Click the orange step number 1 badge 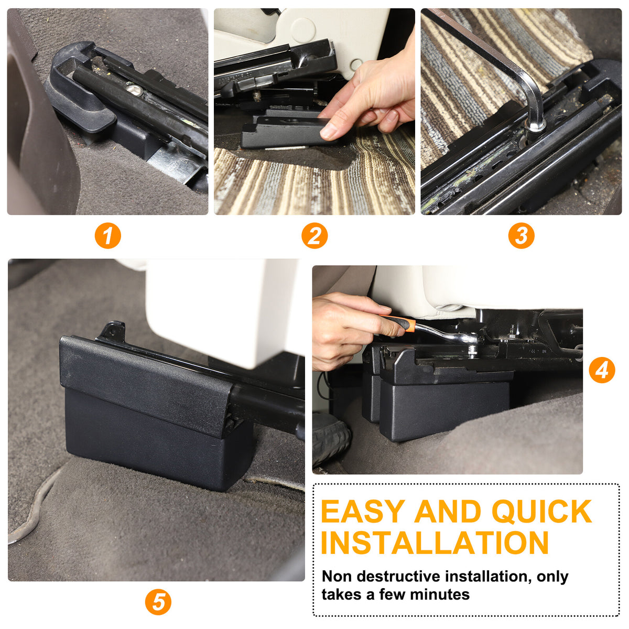click(x=108, y=236)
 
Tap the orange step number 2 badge click(x=314, y=236)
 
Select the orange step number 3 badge click(x=521, y=236)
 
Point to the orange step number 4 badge click(x=602, y=370)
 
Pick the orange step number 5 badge click(x=158, y=602)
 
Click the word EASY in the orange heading click(x=363, y=512)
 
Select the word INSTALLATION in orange click(x=435, y=543)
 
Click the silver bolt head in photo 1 click(x=134, y=90)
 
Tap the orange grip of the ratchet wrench click(x=402, y=323)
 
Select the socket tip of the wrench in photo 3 click(x=535, y=125)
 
